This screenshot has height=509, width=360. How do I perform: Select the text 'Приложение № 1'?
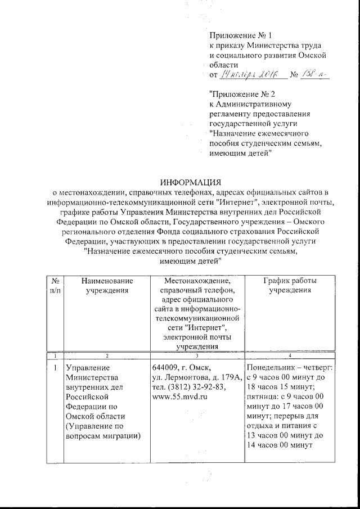click(240, 35)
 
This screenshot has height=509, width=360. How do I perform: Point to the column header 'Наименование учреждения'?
click(107, 285)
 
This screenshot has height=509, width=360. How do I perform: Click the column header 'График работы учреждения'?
click(289, 285)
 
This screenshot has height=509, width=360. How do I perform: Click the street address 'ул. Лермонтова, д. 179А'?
click(197, 377)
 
